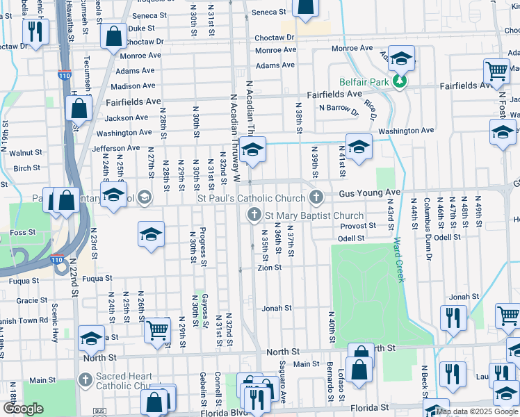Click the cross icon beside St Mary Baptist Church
254,216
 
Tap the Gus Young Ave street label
370,193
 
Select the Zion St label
269,268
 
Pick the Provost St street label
358,226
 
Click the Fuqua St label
97,279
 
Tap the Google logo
23,409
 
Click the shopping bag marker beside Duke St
113,37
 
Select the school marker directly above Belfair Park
400,58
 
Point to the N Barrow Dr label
338,108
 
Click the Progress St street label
203,247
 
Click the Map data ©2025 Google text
477,411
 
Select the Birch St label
26,168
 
